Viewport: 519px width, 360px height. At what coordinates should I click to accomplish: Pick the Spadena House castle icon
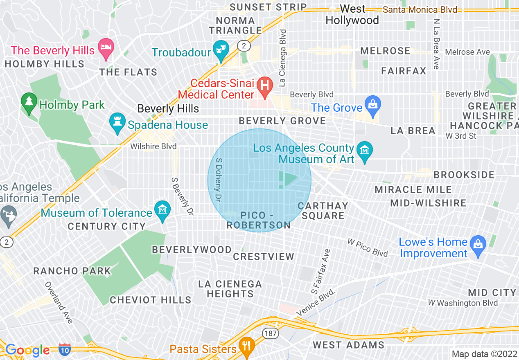tap(117, 122)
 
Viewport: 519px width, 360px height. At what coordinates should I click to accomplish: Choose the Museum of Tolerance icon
tap(162, 210)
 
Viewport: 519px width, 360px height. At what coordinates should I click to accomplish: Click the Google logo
tap(27, 350)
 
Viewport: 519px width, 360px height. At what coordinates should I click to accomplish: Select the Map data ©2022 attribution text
tap(484, 354)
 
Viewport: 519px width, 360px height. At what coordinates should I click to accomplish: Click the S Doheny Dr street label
tap(219, 180)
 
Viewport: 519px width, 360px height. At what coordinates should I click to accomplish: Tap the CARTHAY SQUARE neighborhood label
tap(323, 211)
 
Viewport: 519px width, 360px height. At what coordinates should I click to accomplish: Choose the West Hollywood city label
tap(352, 14)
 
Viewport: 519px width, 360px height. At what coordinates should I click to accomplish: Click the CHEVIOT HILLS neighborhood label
tap(151, 300)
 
